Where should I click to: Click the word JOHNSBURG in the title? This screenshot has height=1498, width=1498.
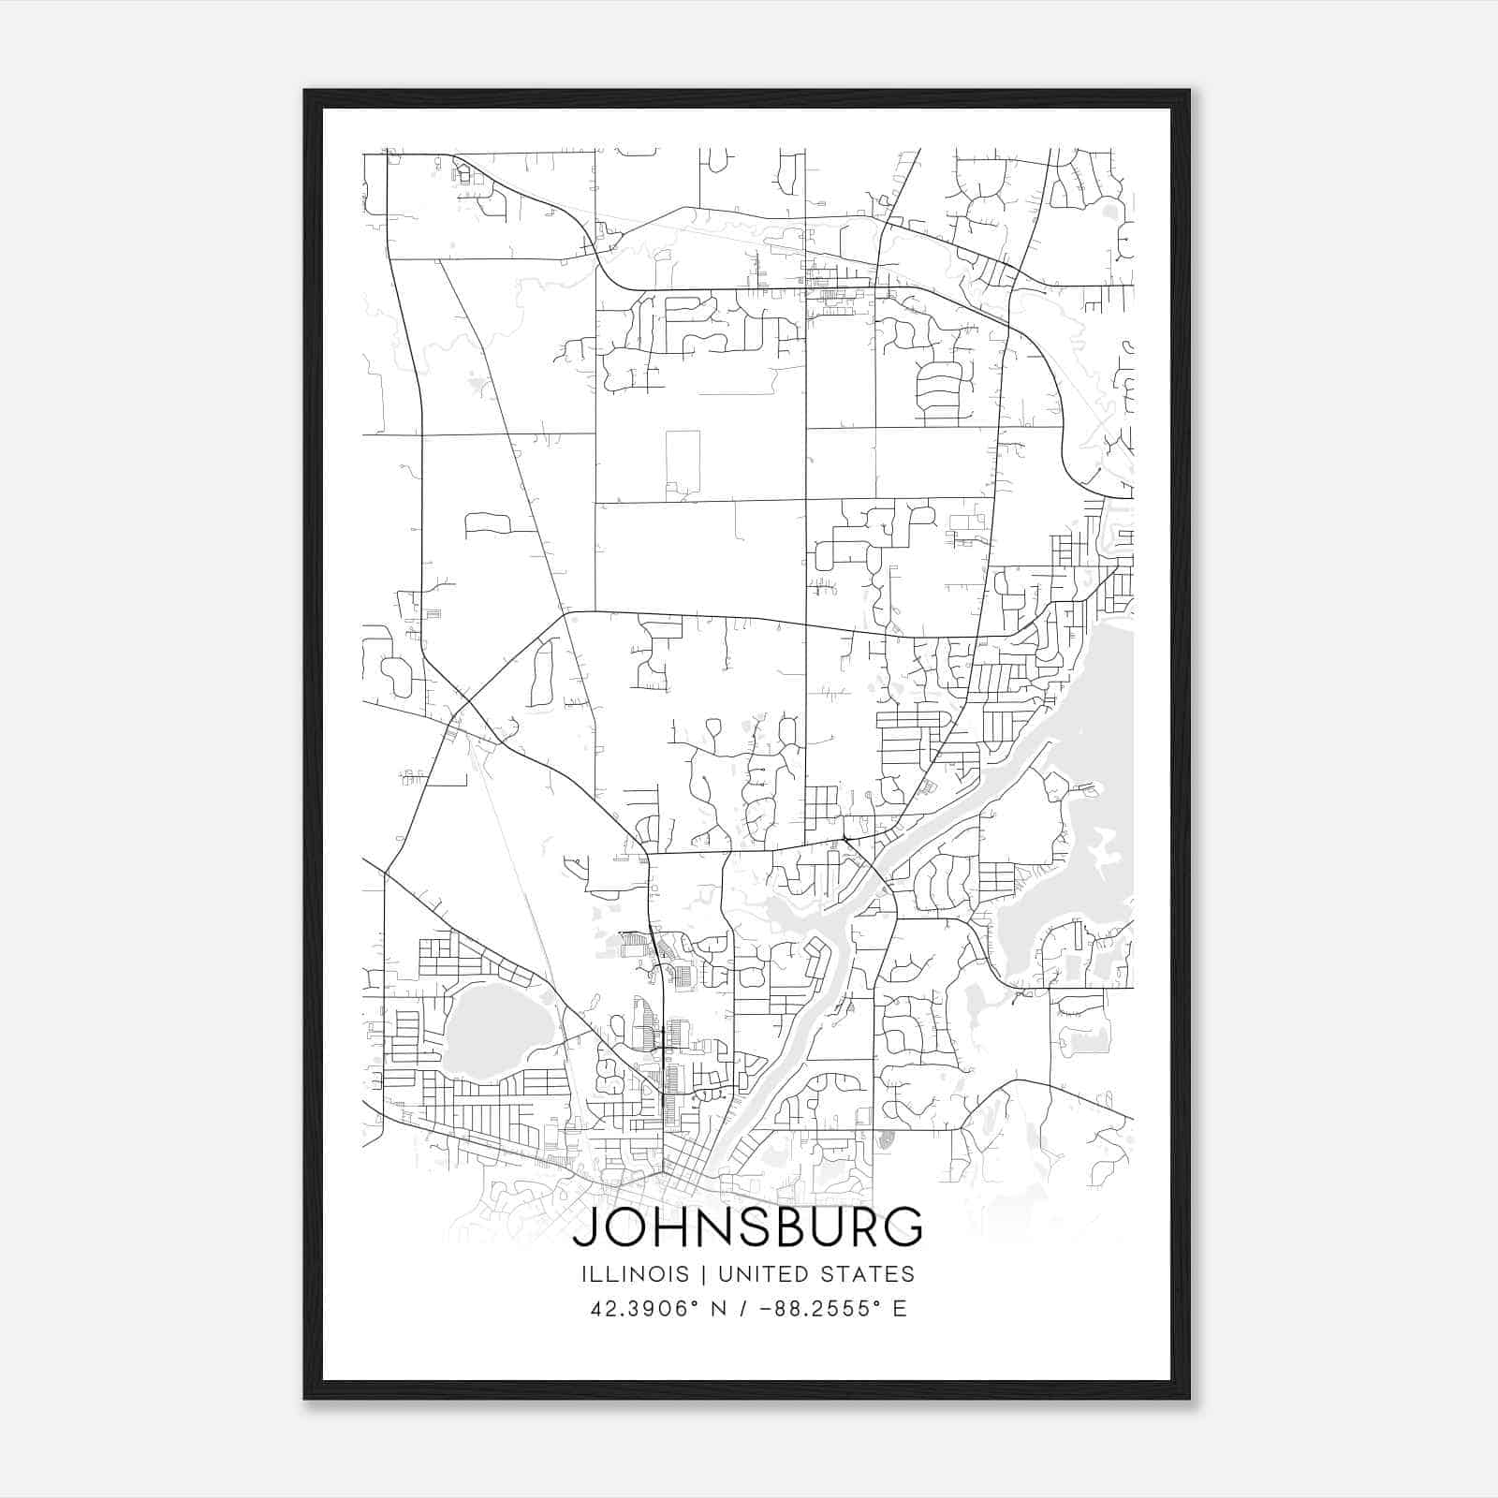click(747, 1227)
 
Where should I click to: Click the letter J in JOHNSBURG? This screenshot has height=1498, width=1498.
click(584, 1227)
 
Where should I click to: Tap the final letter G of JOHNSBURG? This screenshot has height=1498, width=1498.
click(905, 1227)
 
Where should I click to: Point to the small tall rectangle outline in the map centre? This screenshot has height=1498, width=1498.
click(683, 461)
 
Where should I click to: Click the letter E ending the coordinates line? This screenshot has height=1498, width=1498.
click(900, 1309)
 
